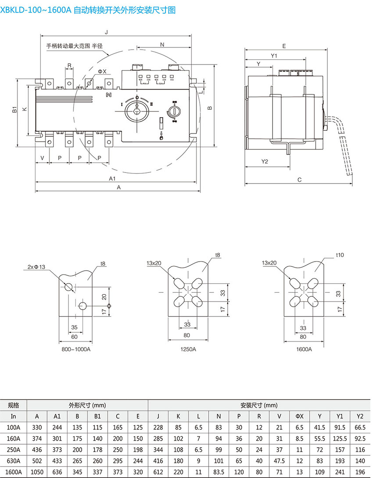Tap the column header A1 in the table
57,416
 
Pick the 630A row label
14,460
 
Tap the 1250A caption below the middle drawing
188,349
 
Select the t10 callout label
340,255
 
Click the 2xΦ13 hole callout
36,267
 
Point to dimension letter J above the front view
107,32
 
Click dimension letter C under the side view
299,180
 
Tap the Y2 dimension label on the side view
265,162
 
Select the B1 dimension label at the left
14,110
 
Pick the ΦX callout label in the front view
102,71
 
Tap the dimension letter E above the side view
284,46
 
